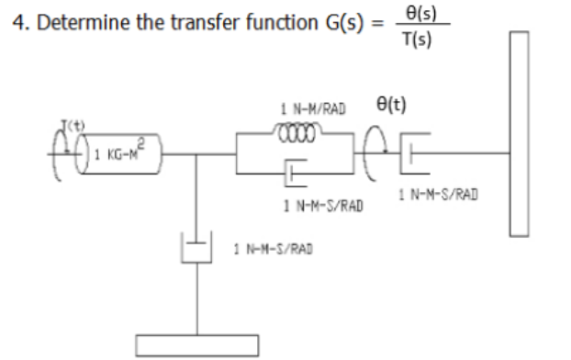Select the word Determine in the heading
74,22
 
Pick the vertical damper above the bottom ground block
196,249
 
